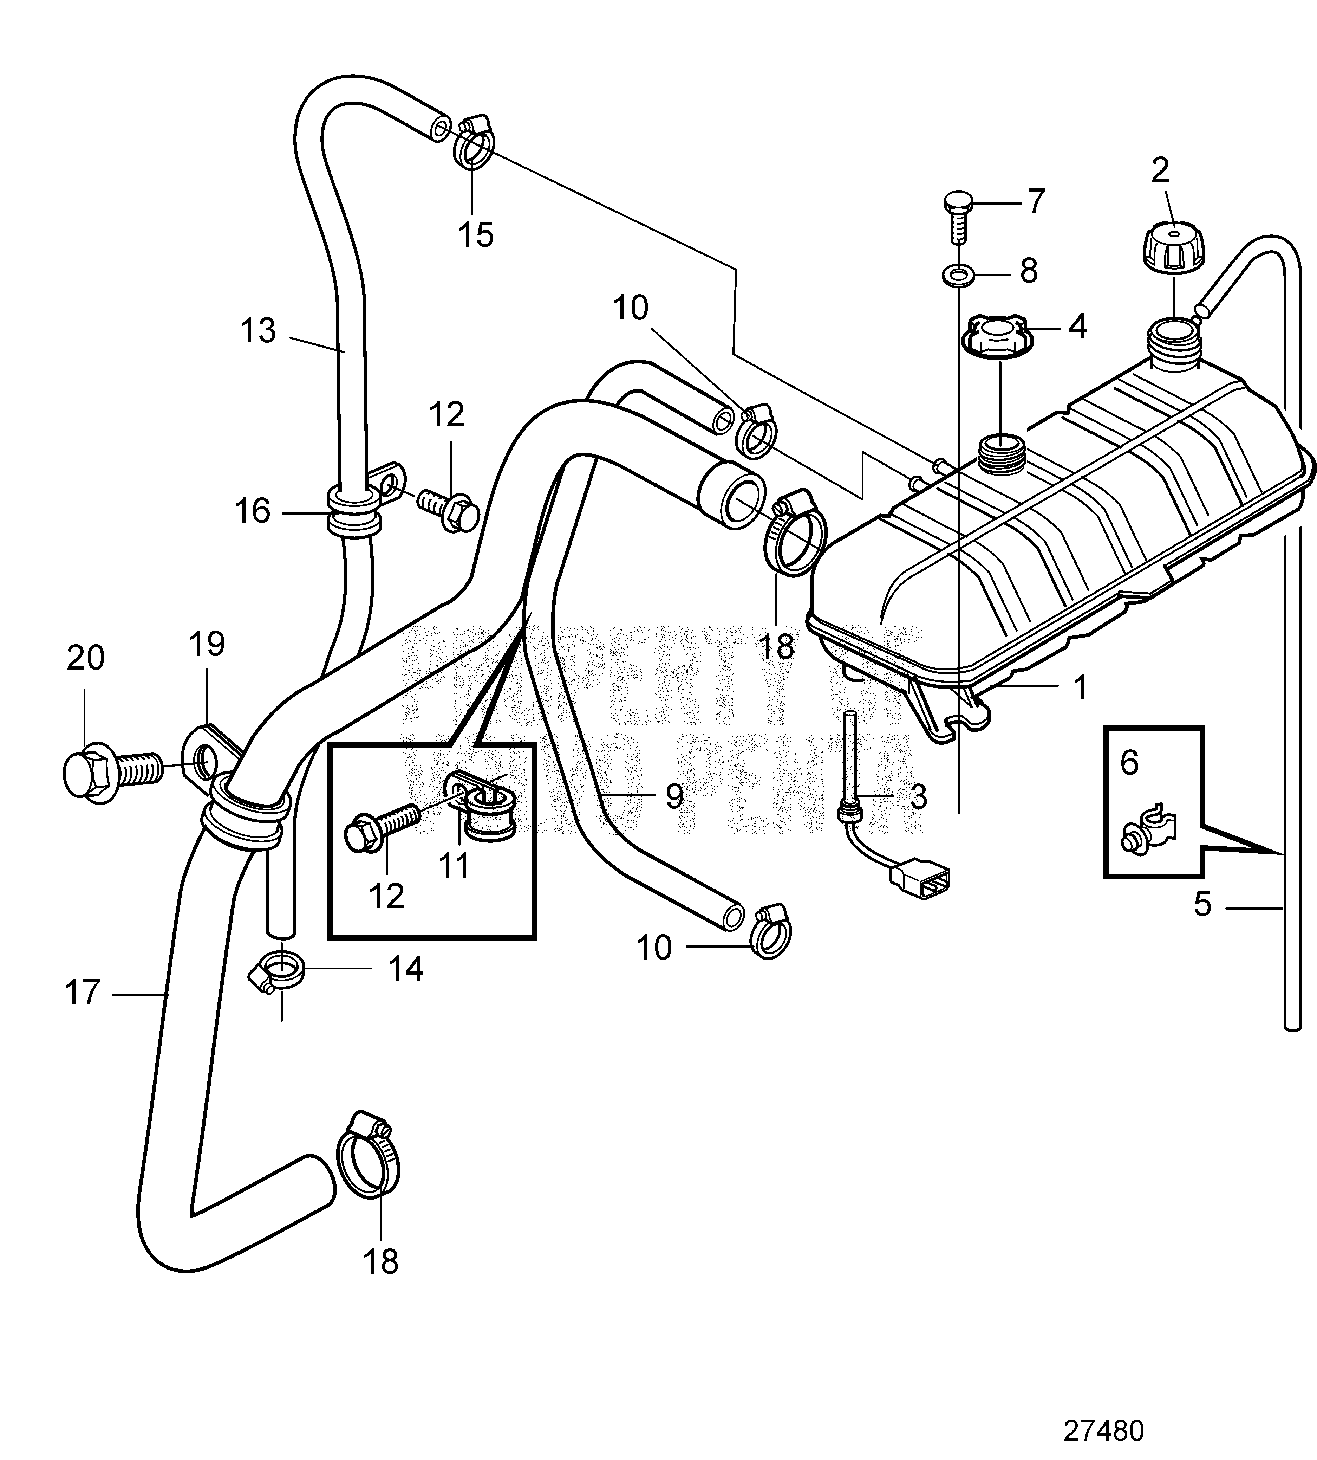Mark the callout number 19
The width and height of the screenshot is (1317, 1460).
point(207,643)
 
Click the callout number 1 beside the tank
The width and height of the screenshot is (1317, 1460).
point(1080,687)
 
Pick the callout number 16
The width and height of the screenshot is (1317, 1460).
point(253,511)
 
